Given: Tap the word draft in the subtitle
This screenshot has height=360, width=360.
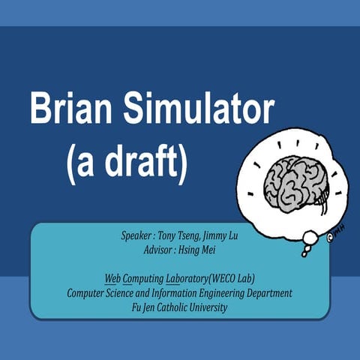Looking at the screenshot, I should [141, 160].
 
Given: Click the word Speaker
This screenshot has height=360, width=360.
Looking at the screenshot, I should [136, 235].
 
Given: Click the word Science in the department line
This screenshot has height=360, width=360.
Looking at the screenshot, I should [121, 292].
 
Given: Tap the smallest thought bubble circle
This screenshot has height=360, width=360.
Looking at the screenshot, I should [304, 253].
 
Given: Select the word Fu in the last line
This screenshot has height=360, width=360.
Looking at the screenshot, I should [135, 307].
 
